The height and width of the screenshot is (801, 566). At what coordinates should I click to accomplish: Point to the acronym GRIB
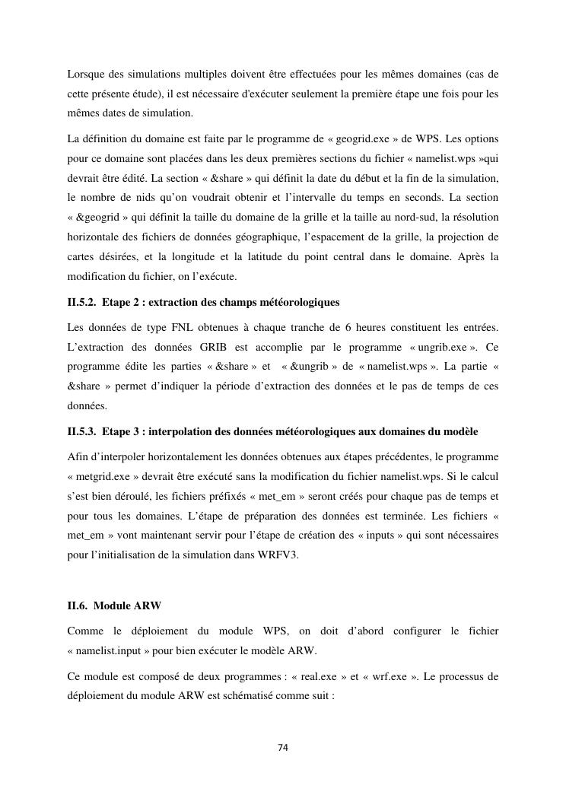point(198,346)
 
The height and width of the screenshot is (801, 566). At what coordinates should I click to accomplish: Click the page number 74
point(282,748)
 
